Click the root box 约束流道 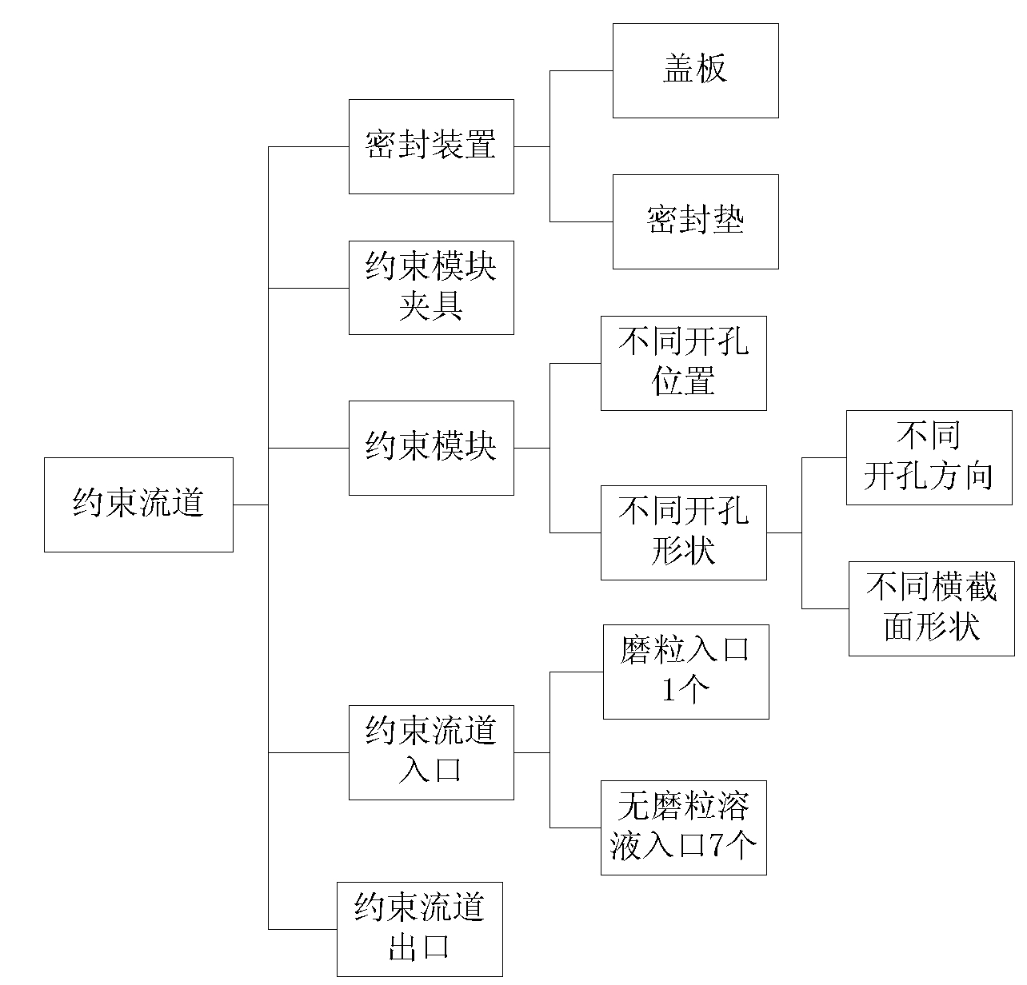point(139,504)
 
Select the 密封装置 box point(431,146)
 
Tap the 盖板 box point(696,70)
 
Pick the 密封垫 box point(696,221)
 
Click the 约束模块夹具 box point(431,288)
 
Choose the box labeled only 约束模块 point(431,448)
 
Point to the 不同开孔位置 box point(683,363)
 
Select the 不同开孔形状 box point(683,532)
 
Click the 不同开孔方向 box point(929,457)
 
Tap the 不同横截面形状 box point(932,608)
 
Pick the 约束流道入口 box point(431,752)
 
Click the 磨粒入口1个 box point(686,672)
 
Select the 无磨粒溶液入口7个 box point(683,827)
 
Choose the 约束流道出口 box point(420,929)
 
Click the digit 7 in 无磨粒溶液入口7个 point(716,844)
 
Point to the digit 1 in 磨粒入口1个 point(668,689)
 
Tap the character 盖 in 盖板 point(679,69)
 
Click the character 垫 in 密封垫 point(729,220)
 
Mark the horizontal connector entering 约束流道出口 point(303,929)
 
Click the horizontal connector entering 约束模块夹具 point(309,288)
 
